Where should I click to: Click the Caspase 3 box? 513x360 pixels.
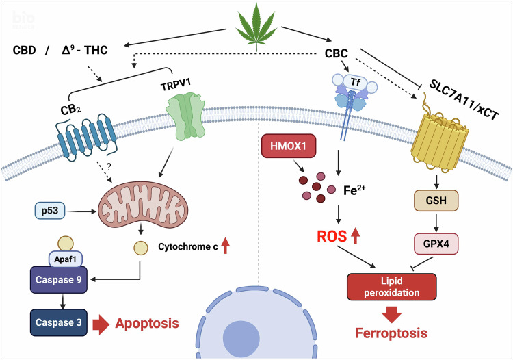coord(60,322)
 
